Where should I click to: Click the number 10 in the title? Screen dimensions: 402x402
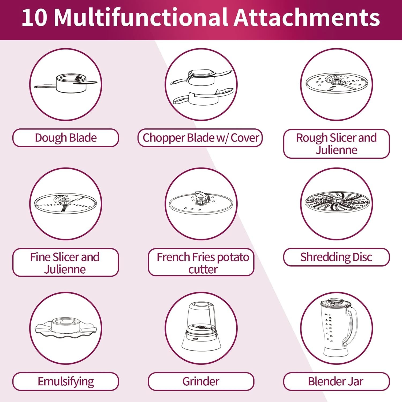35,18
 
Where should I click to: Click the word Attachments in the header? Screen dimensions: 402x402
307,18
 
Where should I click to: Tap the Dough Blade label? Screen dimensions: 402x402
66,138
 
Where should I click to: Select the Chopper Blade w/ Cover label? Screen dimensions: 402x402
200,138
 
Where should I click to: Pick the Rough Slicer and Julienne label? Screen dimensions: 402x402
336,144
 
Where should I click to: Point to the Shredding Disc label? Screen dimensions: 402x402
336,257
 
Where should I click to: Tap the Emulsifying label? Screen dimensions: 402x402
66,381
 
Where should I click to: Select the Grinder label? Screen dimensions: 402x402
201,381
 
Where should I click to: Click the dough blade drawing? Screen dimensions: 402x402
66,84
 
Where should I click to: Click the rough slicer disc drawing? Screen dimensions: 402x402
337,83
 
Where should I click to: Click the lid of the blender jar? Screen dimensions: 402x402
336,303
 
